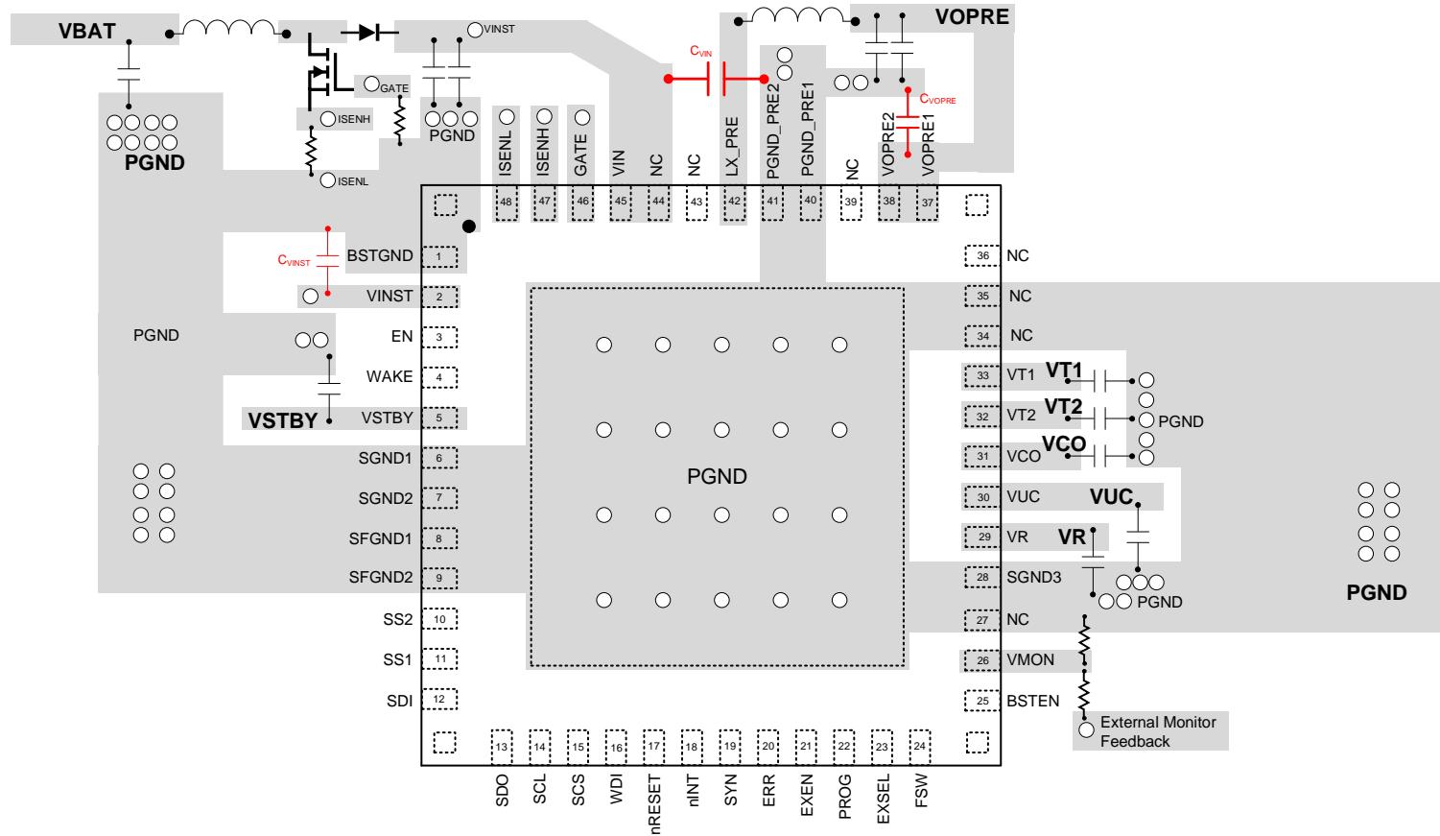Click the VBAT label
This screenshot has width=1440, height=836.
click(86, 31)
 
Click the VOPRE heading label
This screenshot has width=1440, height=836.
click(972, 16)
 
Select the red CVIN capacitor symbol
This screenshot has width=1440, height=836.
click(716, 79)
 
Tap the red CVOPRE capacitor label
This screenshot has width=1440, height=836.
click(937, 99)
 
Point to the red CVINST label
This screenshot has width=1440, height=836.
click(294, 260)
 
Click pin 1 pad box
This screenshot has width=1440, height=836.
click(439, 256)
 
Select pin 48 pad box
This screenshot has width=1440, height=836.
click(507, 203)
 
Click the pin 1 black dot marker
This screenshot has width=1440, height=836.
click(469, 227)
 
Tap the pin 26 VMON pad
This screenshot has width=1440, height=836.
click(982, 660)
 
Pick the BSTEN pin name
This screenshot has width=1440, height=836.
click(1032, 701)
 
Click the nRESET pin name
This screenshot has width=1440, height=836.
click(653, 804)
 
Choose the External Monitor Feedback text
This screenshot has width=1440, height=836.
click(1158, 731)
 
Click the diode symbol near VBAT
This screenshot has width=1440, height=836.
click(369, 32)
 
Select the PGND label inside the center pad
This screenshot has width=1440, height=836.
click(717, 476)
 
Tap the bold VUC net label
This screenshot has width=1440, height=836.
click(1111, 496)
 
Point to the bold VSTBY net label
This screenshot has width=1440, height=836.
click(283, 420)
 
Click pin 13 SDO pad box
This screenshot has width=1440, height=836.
click(502, 746)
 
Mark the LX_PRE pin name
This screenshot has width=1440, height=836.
click(732, 147)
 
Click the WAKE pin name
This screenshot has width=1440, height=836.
click(390, 377)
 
